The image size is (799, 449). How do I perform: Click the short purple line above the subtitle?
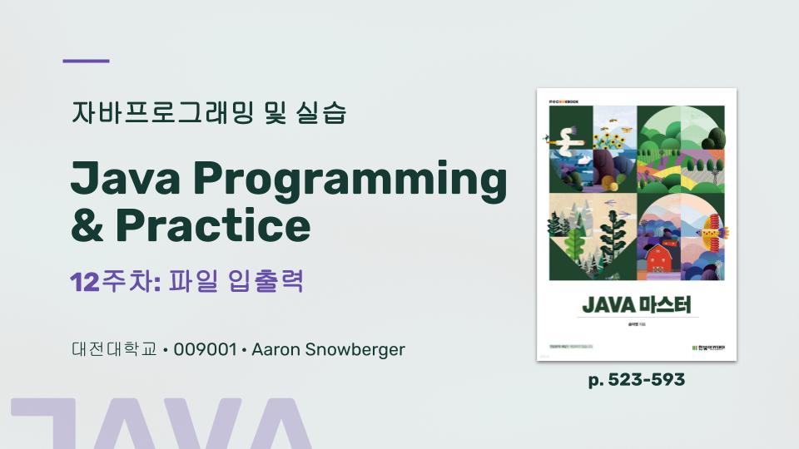(87, 61)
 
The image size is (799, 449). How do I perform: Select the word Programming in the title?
(351, 181)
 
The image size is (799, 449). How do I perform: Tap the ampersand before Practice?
(87, 224)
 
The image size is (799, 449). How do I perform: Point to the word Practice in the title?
(212, 224)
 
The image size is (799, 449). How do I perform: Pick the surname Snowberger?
(356, 349)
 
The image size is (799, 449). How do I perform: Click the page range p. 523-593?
(637, 380)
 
